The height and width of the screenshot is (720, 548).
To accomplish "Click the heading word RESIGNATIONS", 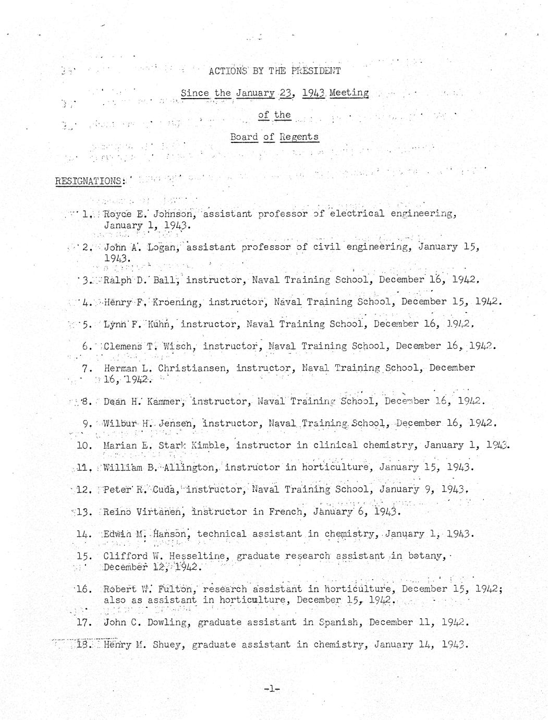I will (88, 181).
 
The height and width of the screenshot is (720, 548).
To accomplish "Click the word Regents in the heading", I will (299, 137).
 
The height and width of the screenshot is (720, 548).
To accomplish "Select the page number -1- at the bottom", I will (272, 689).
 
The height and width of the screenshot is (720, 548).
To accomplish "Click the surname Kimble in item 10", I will (213, 445).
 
